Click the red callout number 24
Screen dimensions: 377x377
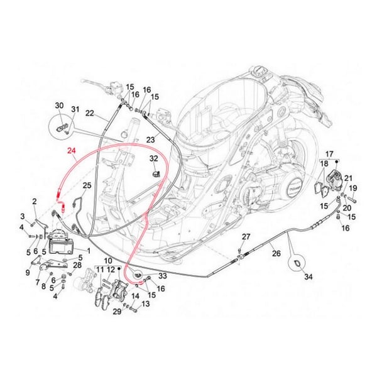[x=71, y=151]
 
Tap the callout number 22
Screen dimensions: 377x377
[x=90, y=114]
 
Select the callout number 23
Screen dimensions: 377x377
[x=151, y=139]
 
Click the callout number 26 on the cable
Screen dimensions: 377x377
[x=275, y=253]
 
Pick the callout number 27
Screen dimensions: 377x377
[x=246, y=236]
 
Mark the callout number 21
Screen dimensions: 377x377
[x=348, y=179]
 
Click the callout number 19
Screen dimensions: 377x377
[x=353, y=188]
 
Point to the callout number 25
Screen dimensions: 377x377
[x=87, y=185]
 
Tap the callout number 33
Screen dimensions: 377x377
[x=163, y=276]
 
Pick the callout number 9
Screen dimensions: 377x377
[x=28, y=273]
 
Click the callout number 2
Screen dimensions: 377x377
[x=35, y=201]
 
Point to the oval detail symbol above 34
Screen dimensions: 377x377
[x=296, y=260]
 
